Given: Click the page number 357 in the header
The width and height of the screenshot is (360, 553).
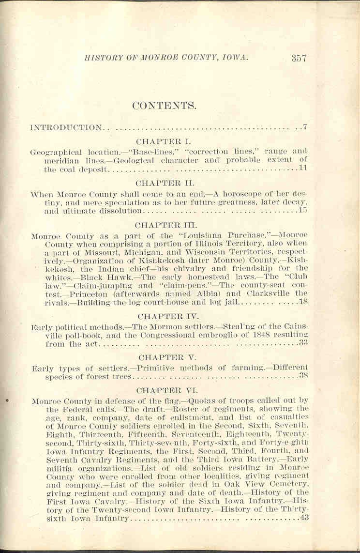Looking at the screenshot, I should pyautogui.click(x=299, y=58).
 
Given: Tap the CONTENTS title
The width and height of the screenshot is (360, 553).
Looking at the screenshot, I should pyautogui.click(x=164, y=106).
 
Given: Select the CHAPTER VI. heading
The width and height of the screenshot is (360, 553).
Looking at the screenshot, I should pyautogui.click(x=160, y=390).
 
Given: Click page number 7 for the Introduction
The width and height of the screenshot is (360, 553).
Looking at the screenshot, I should pyautogui.click(x=305, y=127).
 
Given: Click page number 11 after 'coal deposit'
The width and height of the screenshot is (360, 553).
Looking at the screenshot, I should pyautogui.click(x=303, y=169).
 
